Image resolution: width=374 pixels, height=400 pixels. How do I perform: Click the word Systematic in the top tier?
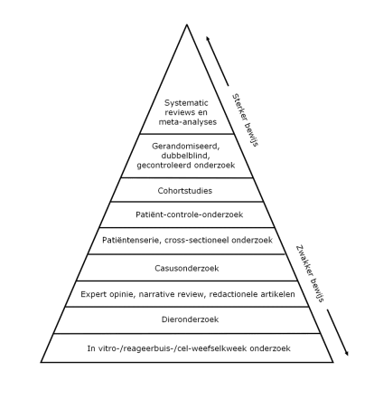pos(186,103)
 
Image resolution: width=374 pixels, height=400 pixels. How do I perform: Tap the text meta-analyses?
pos(188,122)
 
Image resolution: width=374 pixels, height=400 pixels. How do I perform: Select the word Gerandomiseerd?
pos(186,147)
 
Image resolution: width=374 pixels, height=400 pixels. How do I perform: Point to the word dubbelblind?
pos(185,156)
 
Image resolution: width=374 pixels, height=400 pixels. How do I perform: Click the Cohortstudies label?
pos(185,191)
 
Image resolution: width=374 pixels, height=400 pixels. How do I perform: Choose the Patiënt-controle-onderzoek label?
pos(190,214)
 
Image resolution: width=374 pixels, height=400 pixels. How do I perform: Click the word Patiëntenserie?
pos(131,240)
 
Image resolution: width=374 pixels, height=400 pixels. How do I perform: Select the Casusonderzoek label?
pos(187,268)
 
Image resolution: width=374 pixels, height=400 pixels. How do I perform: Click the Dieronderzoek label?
pos(190,319)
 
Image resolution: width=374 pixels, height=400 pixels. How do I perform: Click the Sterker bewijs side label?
pos(245,119)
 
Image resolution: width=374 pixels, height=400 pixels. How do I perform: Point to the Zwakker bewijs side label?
pos(310,273)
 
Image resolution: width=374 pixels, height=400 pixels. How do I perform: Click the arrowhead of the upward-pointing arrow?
pos(207,37)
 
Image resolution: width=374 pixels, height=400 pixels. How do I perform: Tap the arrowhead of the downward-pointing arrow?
pos(347,354)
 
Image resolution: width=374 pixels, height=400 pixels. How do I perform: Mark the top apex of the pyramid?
pos(187,24)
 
